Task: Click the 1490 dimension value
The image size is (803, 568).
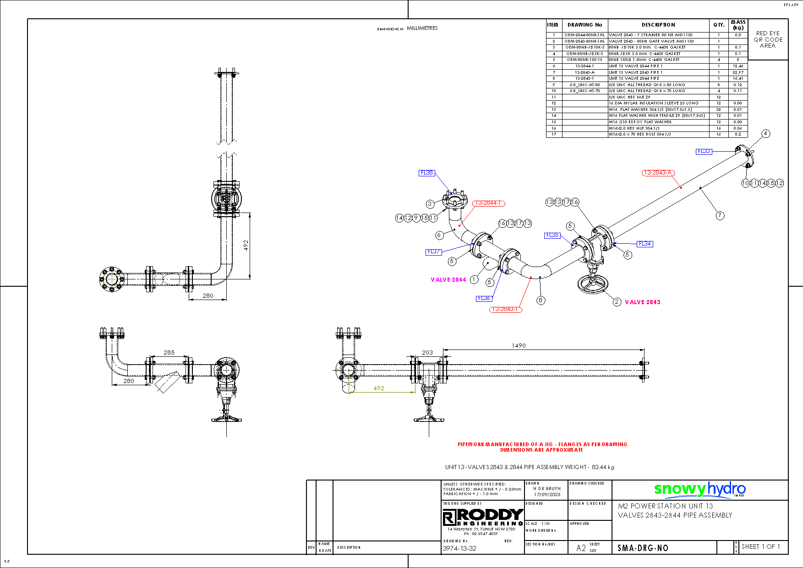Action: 519,345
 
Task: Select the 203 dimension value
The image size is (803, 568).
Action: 427,352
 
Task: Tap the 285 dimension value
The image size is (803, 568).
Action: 169,352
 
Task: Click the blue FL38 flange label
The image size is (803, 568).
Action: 426,173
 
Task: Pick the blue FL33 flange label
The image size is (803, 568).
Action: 704,151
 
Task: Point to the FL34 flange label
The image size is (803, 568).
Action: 645,244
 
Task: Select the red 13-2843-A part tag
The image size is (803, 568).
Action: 658,173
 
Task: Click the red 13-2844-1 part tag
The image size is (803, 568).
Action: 489,203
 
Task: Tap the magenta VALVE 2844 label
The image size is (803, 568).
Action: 448,279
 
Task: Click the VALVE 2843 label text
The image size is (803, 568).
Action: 643,302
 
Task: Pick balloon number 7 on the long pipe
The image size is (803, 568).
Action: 720,215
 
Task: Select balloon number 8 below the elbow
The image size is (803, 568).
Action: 541,300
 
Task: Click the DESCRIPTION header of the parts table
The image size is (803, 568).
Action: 658,25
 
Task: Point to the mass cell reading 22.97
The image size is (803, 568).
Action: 738,72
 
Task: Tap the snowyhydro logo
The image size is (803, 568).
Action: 699,489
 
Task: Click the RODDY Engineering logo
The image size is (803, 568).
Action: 483,517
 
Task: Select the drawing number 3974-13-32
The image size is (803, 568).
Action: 459,548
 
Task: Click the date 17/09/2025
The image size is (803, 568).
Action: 547,494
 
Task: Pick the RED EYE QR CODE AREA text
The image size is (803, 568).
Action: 768,39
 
